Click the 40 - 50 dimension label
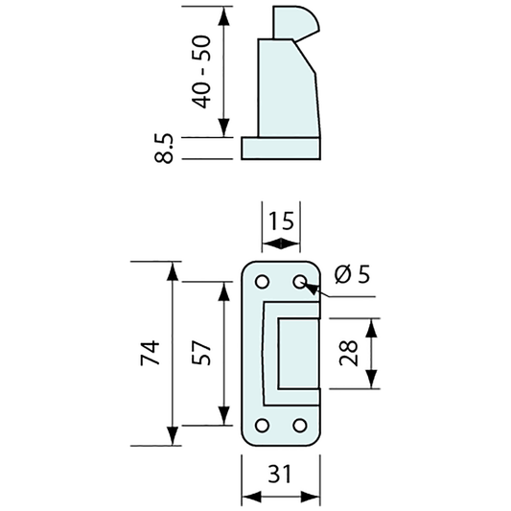201,73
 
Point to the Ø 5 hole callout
352,276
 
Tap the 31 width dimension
279,474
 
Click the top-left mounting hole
261,282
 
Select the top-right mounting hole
299,282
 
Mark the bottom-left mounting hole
261,424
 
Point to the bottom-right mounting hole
299,424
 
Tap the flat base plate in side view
279,148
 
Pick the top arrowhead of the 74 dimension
174,268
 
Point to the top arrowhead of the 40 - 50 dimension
224,14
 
